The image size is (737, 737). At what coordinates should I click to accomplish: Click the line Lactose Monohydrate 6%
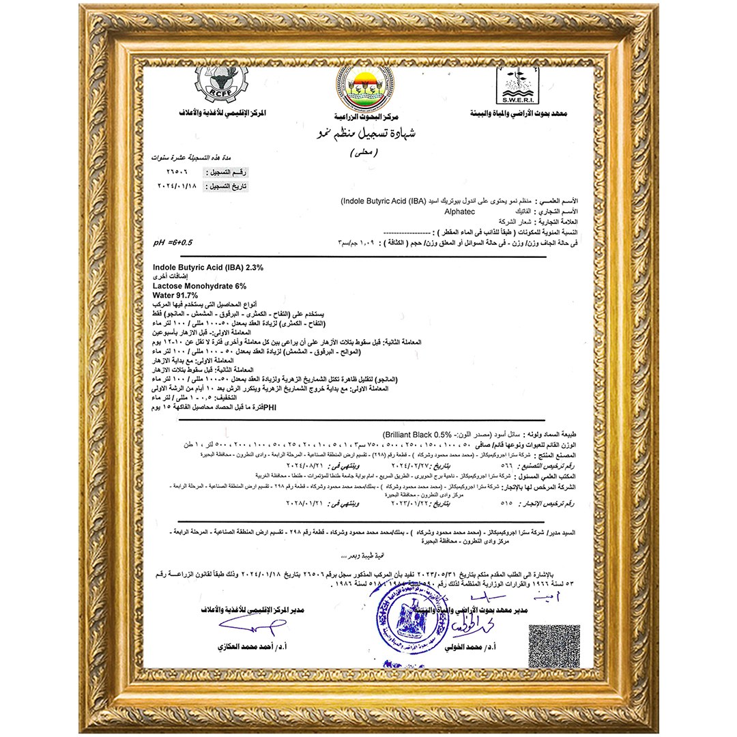click(200, 286)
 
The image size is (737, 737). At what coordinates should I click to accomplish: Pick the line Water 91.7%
click(175, 295)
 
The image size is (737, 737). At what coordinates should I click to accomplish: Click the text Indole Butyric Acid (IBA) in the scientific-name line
click(384, 203)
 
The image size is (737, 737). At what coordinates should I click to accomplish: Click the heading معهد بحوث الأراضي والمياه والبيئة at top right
click(519, 113)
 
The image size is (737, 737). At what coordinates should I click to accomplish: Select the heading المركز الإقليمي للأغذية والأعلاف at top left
click(222, 112)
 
